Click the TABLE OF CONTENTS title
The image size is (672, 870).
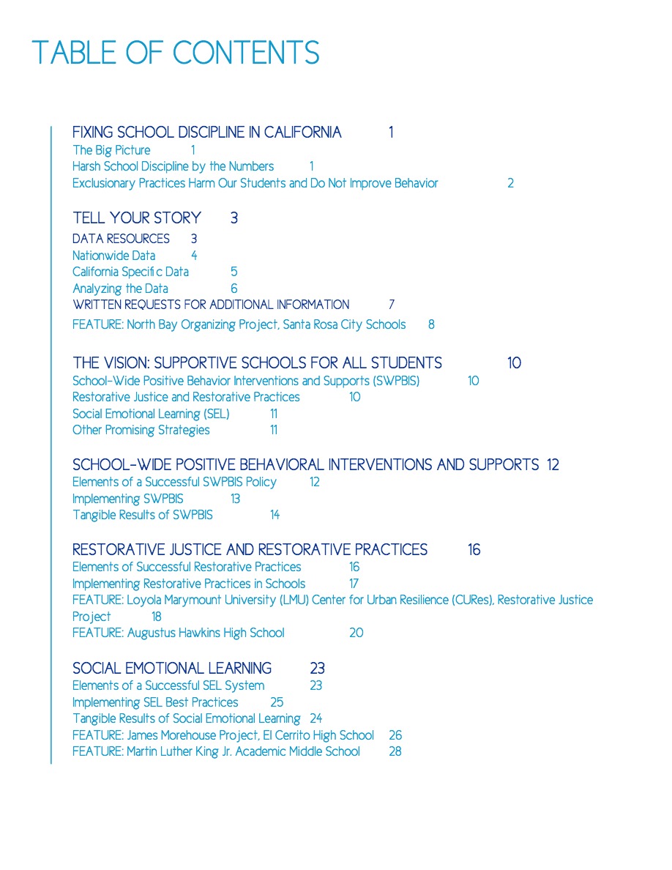point(176,53)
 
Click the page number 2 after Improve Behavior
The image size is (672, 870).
point(510,183)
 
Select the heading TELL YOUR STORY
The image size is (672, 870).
point(136,218)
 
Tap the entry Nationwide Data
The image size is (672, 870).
point(113,256)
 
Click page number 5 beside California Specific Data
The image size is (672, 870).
point(234,272)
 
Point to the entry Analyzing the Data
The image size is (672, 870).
point(120,289)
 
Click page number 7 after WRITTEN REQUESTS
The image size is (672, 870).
point(392,304)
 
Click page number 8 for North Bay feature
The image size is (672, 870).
point(431,324)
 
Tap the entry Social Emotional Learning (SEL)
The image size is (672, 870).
point(151,414)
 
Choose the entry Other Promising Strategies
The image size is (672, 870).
point(141,430)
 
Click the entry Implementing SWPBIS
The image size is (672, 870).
point(127,499)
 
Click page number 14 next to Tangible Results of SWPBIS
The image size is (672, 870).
point(275,515)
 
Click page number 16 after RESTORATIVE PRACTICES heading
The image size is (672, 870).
point(474,549)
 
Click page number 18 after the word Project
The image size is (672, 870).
point(157,617)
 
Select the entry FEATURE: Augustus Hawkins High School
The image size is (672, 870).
point(178,633)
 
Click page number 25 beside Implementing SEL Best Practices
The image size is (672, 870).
point(277,702)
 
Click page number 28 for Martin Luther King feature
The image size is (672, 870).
point(395,751)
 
